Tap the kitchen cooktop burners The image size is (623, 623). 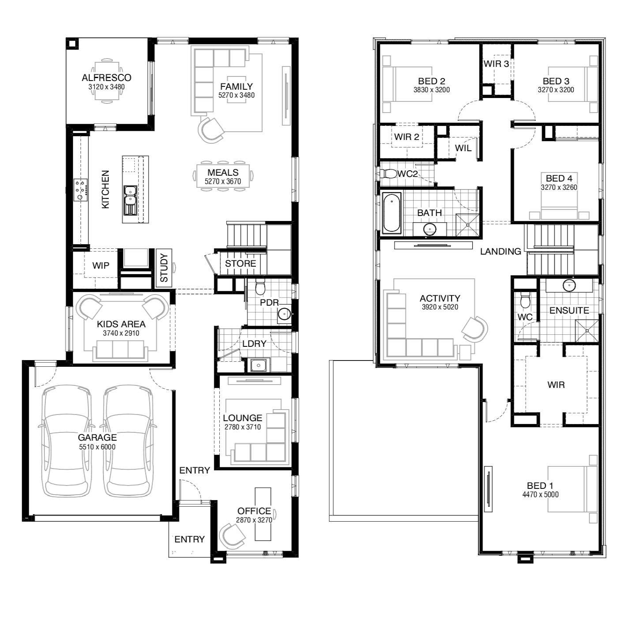tap(81, 190)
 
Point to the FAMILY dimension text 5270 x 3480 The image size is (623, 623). tap(236, 95)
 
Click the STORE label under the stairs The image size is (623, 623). tap(240, 264)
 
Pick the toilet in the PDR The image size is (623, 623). tap(260, 287)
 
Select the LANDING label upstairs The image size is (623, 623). tap(500, 251)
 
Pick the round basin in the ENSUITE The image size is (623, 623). tap(569, 286)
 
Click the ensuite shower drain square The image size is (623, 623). tap(587, 331)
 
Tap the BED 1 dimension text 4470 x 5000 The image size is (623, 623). tap(540, 495)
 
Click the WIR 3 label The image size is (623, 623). tap(496, 64)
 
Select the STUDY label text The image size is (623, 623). tap(164, 268)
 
